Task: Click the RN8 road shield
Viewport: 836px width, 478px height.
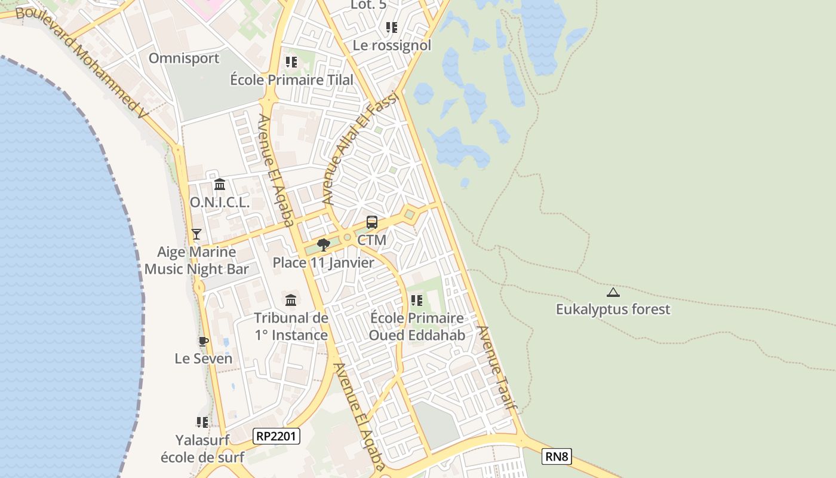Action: (557, 457)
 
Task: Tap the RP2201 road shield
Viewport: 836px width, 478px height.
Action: (276, 436)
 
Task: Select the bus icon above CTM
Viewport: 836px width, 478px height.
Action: (372, 222)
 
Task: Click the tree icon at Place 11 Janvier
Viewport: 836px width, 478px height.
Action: (323, 244)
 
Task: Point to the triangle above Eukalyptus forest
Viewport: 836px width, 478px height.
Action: (613, 293)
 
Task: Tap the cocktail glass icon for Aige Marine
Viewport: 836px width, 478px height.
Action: (196, 234)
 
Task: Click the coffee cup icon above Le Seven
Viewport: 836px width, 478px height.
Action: (204, 341)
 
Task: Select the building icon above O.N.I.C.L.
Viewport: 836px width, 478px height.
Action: (220, 184)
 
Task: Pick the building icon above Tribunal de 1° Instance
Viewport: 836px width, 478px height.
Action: (291, 299)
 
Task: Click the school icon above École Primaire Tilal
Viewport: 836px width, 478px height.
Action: (291, 62)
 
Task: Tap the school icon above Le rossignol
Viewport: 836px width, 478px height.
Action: (392, 27)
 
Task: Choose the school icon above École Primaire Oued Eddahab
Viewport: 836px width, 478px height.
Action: (417, 300)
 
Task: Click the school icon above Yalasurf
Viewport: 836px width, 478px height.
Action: (202, 422)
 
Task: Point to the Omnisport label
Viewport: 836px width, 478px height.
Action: (184, 59)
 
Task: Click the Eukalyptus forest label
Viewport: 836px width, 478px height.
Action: (613, 310)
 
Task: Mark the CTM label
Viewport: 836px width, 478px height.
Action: (371, 240)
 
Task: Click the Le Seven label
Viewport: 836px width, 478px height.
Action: (204, 358)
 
